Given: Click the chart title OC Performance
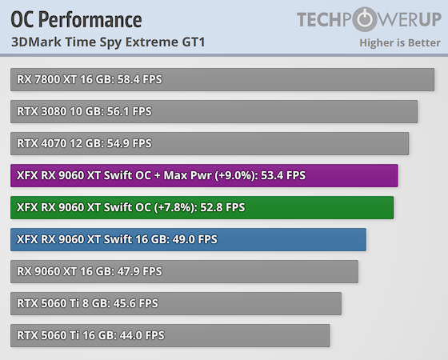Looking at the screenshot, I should (76, 19).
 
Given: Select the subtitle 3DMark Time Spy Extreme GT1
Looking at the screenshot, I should (108, 42).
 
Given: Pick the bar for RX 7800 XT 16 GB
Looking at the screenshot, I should (222, 79).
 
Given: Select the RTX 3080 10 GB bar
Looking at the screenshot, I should (214, 111).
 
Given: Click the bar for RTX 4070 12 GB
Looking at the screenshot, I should (210, 143).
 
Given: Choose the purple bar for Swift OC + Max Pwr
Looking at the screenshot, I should (204, 175).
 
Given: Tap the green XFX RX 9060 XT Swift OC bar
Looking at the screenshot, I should (202, 207).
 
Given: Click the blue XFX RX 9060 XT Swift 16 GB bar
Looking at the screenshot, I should (188, 239).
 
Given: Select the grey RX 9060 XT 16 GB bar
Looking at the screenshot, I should (184, 271).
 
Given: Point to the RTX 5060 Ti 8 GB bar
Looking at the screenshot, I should (176, 303).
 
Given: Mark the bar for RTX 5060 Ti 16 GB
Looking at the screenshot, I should (170, 335).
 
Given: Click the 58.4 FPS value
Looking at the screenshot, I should (141, 79).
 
